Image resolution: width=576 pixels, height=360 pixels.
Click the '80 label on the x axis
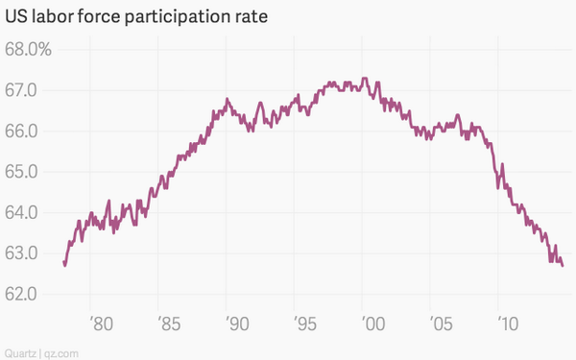point(101,320)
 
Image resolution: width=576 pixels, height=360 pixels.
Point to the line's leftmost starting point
point(63,261)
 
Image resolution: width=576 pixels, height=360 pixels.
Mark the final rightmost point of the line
point(563,266)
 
